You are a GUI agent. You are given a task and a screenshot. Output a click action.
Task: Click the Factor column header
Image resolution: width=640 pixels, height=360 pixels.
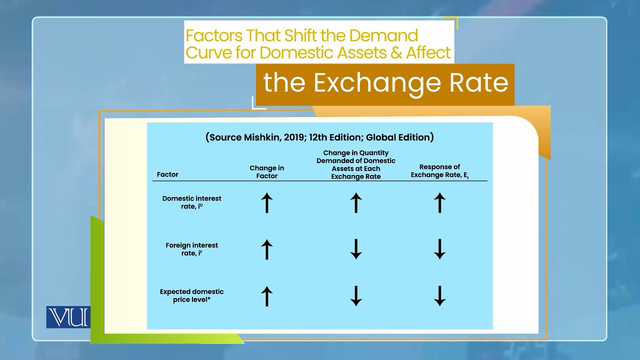167,174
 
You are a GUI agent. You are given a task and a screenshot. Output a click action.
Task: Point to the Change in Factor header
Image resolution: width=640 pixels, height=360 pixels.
266,172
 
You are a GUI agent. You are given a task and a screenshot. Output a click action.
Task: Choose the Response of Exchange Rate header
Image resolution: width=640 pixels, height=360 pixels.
439,170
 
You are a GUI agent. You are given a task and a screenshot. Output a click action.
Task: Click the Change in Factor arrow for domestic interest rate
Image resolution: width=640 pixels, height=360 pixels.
267,203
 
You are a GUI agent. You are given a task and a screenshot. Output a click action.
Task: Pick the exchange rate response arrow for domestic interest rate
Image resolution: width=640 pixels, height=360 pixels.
439,203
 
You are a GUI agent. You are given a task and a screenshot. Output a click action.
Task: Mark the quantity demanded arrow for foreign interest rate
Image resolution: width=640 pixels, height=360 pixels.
356,249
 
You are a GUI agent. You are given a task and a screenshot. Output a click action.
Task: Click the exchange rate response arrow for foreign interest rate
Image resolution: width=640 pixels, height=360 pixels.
439,249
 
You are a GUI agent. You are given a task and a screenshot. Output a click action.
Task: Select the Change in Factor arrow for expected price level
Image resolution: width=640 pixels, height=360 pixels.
267,296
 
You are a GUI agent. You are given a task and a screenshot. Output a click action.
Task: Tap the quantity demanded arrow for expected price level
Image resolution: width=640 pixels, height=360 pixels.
356,296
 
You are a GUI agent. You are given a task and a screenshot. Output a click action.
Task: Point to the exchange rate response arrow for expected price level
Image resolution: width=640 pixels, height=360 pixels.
439,296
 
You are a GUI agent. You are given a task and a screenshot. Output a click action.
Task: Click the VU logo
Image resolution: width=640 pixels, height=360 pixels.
68,317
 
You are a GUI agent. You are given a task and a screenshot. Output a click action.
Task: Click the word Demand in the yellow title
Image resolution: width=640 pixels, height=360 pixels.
385,36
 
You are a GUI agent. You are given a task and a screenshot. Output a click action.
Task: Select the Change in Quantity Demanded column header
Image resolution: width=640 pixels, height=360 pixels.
355,164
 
